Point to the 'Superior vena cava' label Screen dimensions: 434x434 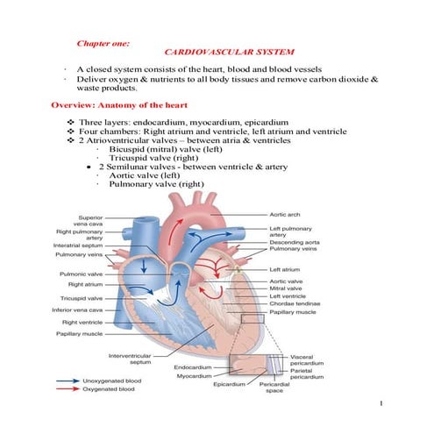(92, 220)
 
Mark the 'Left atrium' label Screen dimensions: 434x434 (285, 269)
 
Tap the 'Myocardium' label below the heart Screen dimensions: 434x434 (189, 375)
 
